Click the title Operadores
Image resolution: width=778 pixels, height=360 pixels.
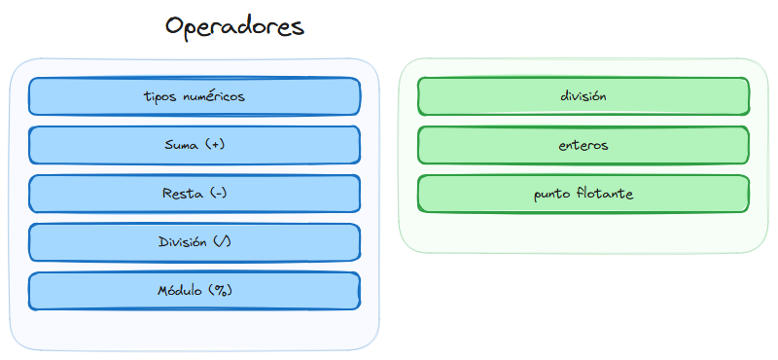(x=234, y=26)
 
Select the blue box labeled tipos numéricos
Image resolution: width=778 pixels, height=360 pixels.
(x=194, y=96)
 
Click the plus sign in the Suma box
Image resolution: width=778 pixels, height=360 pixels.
(x=215, y=145)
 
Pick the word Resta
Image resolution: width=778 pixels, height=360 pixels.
(x=182, y=194)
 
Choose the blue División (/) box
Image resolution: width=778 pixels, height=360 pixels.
(x=194, y=242)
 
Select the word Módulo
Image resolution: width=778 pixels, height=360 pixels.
(x=178, y=291)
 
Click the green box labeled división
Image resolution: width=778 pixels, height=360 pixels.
(x=583, y=96)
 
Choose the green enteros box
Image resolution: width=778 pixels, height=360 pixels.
(x=583, y=145)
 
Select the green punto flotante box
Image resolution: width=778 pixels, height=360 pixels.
(x=583, y=194)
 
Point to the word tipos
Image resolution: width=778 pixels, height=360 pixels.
(x=159, y=96)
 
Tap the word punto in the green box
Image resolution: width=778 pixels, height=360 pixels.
(x=551, y=195)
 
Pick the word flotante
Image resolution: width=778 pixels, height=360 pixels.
(x=604, y=194)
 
